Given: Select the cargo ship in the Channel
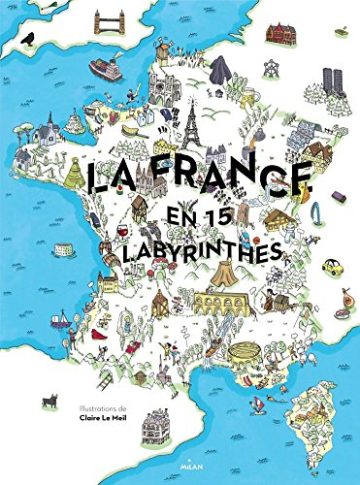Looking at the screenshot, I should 105,69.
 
